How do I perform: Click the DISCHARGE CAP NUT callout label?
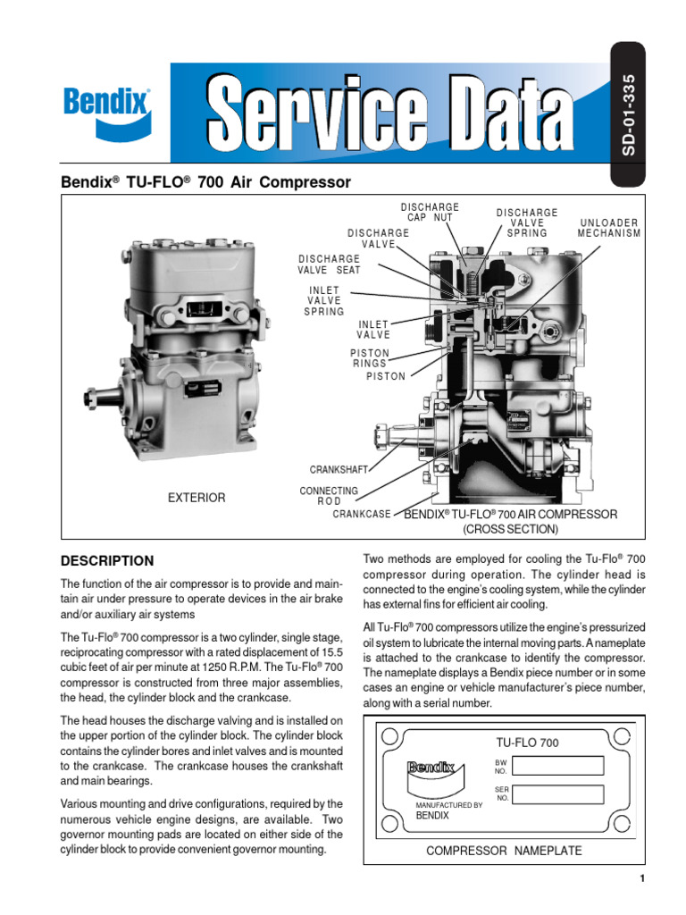(430, 213)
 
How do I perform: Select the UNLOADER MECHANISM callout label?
(609, 228)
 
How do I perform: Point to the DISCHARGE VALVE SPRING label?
(527, 222)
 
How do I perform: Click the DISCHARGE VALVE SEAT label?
(330, 264)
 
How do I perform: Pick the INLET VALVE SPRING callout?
(324, 301)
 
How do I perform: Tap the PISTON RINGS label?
(369, 358)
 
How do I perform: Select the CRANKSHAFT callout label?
(339, 469)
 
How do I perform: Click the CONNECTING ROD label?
(329, 496)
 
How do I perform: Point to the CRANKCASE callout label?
(362, 515)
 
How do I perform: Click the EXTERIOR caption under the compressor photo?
(197, 498)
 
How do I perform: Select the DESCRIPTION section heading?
(106, 561)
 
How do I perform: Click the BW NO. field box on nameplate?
(561, 765)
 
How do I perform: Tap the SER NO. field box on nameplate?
(561, 793)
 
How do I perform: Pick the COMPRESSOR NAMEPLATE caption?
(504, 851)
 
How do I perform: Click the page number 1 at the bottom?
(641, 879)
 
